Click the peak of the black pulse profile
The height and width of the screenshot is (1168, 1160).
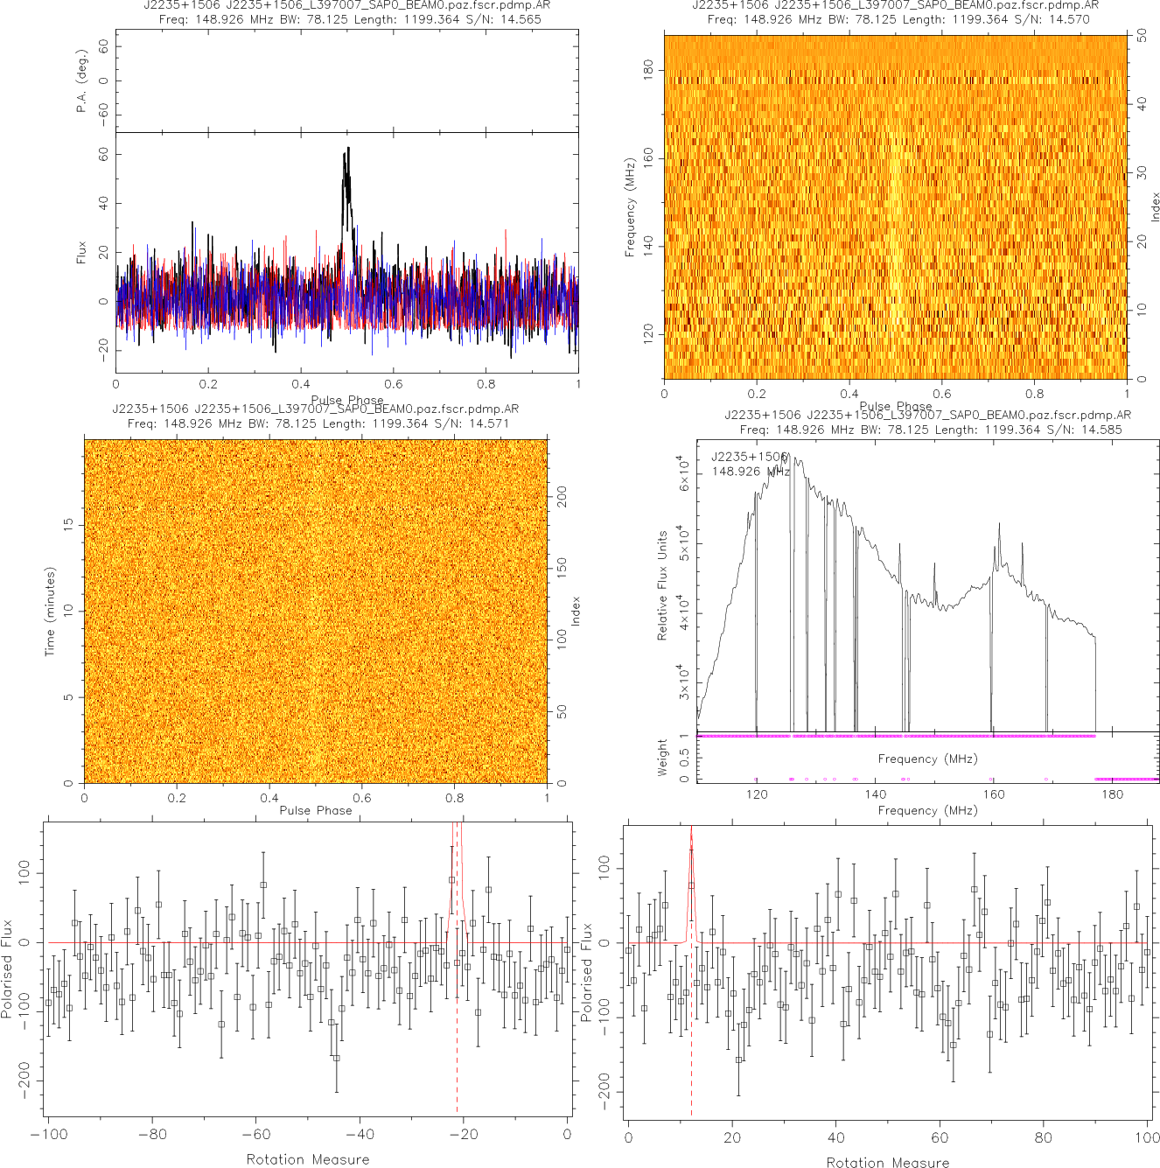coord(348,149)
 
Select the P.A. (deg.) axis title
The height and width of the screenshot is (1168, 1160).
coord(82,81)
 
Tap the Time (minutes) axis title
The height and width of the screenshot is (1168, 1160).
coord(50,612)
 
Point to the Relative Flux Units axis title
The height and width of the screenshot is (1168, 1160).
coord(662,585)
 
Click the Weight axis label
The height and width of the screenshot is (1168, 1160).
coord(662,757)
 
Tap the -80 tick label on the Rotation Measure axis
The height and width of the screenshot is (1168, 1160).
coord(152,1135)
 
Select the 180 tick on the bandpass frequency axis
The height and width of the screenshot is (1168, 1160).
coord(1112,794)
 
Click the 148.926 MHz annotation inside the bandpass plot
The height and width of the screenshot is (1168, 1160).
coord(750,472)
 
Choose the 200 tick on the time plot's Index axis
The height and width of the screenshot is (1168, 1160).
coord(563,497)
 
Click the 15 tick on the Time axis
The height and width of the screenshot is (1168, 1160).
coord(68,524)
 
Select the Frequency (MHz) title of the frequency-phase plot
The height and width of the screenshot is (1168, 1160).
coord(629,208)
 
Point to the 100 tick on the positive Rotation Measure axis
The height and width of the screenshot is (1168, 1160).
coord(1147,1137)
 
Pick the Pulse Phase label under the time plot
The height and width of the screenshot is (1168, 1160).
coord(316,810)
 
